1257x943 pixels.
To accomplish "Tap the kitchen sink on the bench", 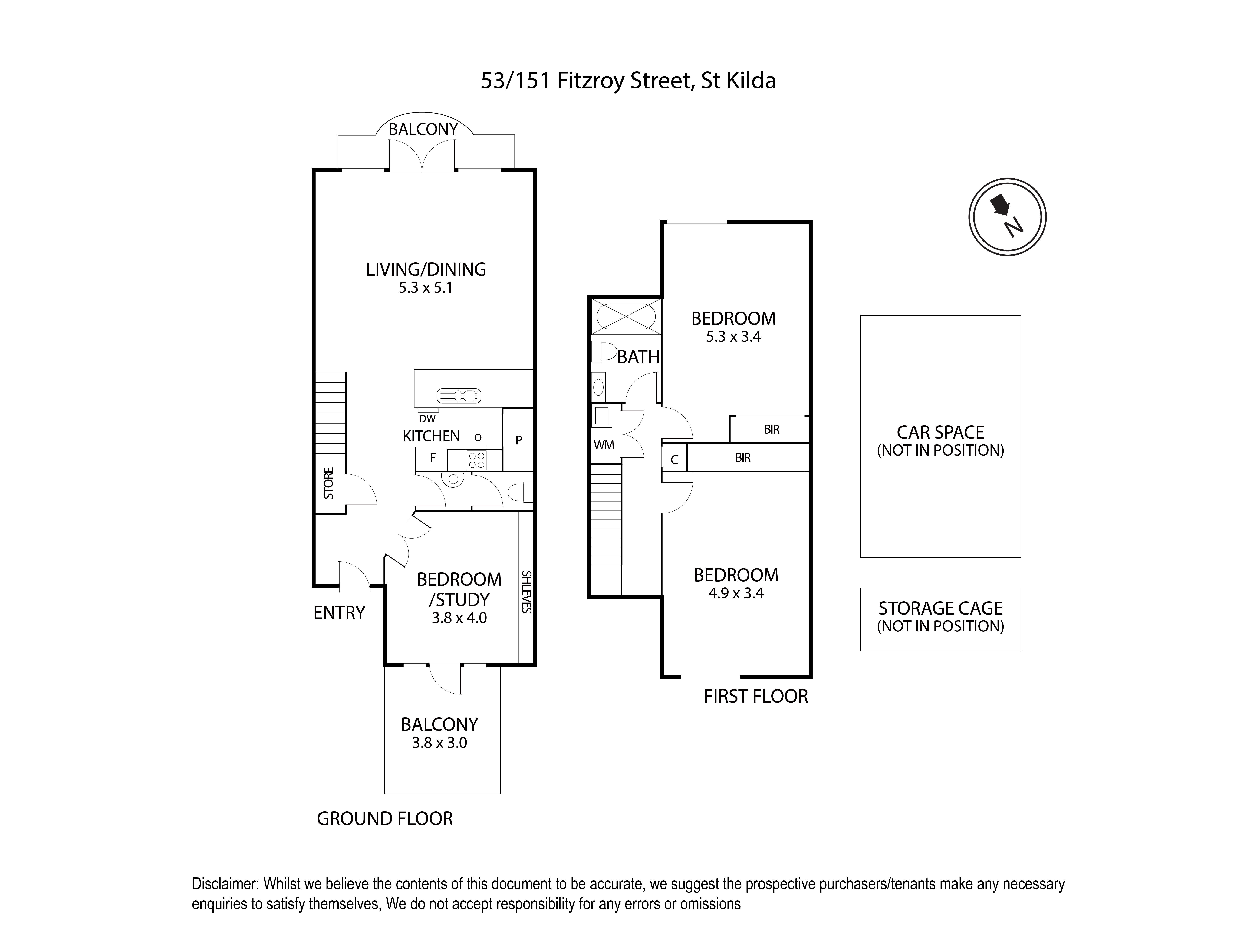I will point(459,395).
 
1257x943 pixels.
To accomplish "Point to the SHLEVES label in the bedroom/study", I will point(526,591).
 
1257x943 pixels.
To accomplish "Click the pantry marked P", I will point(518,439).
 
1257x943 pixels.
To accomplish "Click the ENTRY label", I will point(339,613).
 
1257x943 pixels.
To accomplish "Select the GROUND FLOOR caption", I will point(385,819).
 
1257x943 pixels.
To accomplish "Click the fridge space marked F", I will point(433,458).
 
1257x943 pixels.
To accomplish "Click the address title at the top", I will point(628,81).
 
